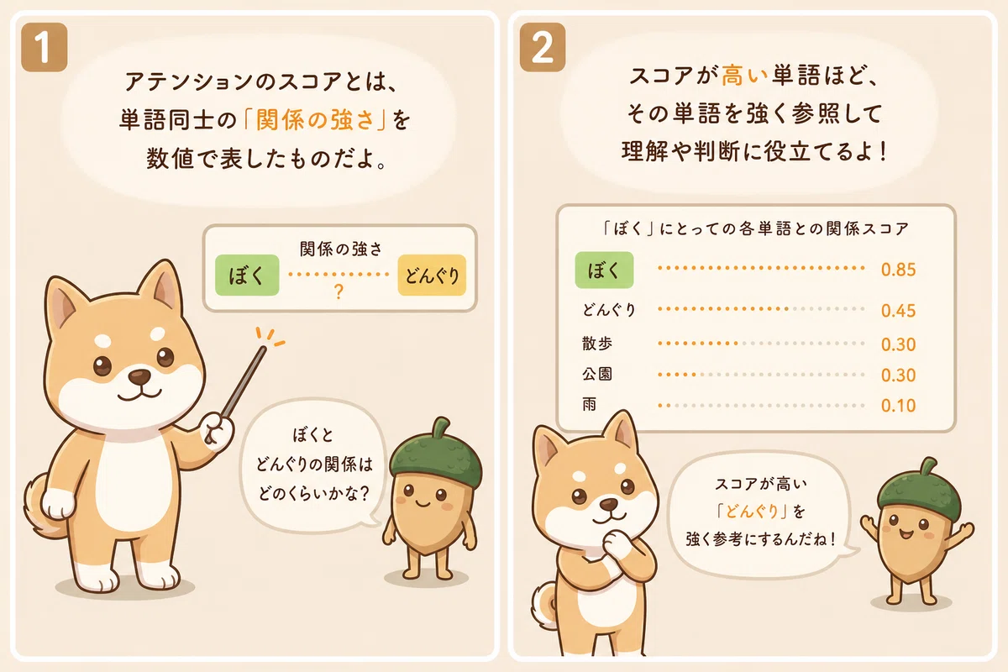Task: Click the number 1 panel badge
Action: coord(44,47)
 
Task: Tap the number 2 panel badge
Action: coord(543,47)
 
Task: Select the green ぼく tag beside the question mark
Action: coord(247,275)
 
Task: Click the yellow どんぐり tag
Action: coord(432,275)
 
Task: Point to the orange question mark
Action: coord(339,292)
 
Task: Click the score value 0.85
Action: coord(898,270)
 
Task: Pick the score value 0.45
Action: coord(898,311)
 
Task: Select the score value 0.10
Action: coord(898,406)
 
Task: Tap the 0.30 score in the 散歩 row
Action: coord(898,344)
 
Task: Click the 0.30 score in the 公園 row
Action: coord(898,375)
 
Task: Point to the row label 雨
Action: coord(589,404)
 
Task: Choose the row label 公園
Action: coord(596,374)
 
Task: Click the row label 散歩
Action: coord(596,344)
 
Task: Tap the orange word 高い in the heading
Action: coord(744,76)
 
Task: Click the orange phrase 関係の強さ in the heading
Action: coord(315,120)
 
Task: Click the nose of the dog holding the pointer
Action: coord(139,375)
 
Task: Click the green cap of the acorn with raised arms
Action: coord(920,486)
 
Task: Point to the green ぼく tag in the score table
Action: coord(604,270)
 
